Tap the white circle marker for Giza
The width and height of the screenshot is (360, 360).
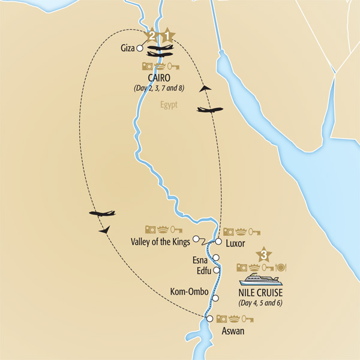pyautogui.click(x=140, y=47)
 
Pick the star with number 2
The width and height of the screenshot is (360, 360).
pyautogui.click(x=153, y=36)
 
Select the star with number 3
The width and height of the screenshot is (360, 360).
pyautogui.click(x=263, y=254)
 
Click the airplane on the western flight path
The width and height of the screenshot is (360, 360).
pyautogui.click(x=101, y=213)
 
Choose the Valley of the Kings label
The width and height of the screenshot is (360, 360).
pyautogui.click(x=160, y=242)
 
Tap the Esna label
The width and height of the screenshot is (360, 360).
pyautogui.click(x=200, y=260)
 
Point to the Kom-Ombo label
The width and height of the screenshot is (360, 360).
pyautogui.click(x=189, y=292)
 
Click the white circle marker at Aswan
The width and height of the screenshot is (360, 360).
pyautogui.click(x=209, y=319)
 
